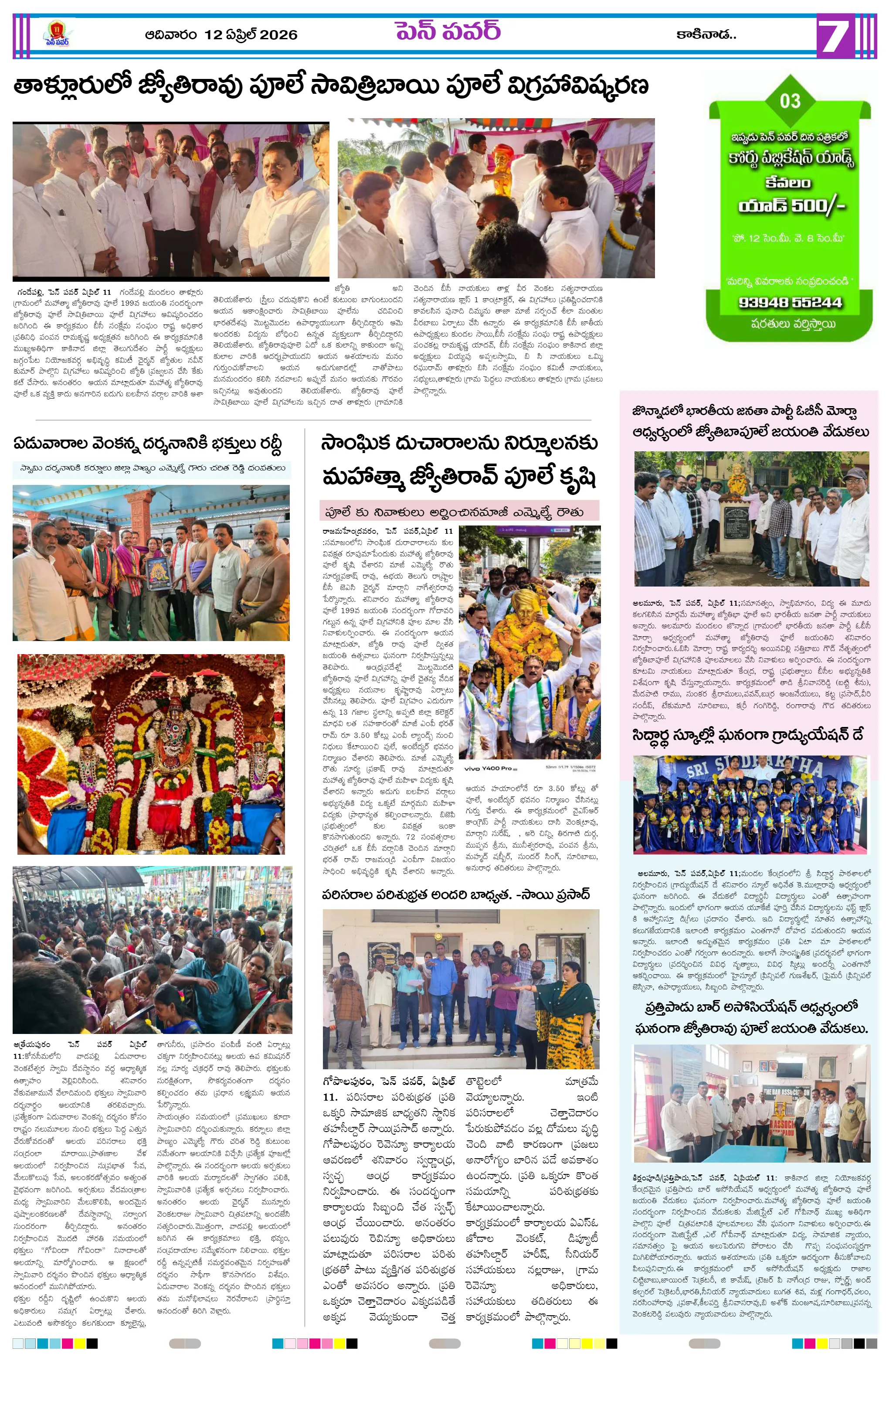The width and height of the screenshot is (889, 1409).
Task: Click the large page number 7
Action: coord(833,36)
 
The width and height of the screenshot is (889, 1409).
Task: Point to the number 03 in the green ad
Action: coord(790,101)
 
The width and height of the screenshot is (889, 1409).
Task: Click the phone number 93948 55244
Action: coord(790,303)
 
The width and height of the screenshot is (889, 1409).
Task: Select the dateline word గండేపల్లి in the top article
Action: coord(30,291)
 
